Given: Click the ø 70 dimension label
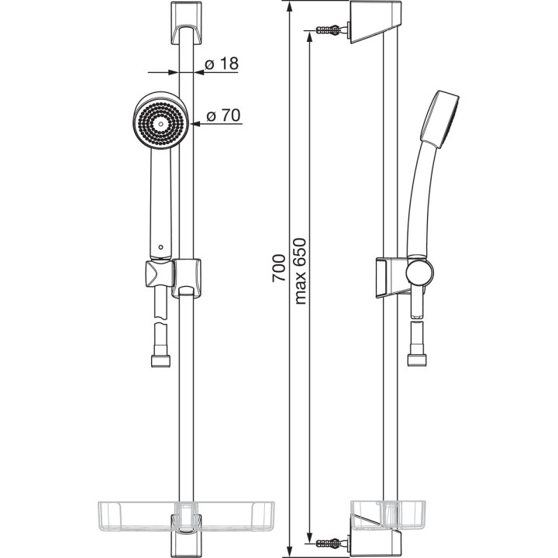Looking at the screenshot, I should click(222, 115).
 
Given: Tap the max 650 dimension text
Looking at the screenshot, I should click(301, 271).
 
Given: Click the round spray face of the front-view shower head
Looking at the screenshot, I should click(160, 121).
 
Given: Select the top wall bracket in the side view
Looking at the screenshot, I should click(377, 22).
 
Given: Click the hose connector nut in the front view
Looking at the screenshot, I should click(160, 360).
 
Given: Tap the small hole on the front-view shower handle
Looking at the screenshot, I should click(160, 247).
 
